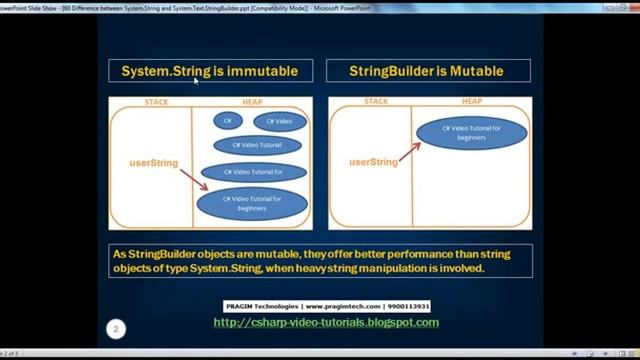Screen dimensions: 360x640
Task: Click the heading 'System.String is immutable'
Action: coord(210,71)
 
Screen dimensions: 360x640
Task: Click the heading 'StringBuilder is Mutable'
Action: coord(426,71)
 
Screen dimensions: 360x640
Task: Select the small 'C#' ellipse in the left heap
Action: coord(227,121)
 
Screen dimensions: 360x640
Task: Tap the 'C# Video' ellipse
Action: coord(279,122)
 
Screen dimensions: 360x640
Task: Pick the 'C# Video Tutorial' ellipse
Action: coord(257,145)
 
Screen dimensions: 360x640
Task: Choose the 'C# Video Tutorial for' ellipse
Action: coord(256,172)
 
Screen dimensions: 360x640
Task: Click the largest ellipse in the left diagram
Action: coord(251,204)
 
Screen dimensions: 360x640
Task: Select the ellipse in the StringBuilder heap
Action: coord(471,133)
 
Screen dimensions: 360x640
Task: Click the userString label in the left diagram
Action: coord(153,162)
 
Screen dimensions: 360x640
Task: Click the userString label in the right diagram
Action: coord(373,162)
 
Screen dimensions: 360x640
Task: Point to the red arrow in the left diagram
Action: coord(194,180)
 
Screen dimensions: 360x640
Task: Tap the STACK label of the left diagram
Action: coord(157,102)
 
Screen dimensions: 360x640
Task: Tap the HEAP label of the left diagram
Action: coord(252,102)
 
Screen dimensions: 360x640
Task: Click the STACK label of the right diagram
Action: coord(376,101)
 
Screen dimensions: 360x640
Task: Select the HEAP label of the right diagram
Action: coord(471,101)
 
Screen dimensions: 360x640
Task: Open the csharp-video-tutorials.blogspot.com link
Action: coord(326,322)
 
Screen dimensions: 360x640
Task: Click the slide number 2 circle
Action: coord(116,328)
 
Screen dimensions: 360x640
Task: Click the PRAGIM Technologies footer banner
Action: coord(326,306)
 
